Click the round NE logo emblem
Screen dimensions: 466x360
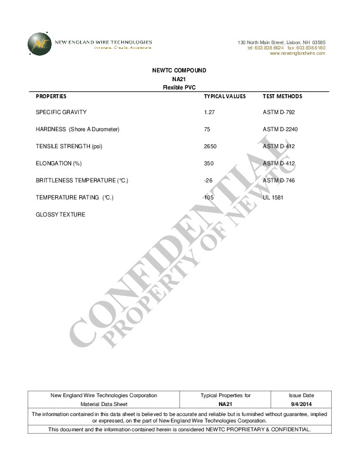pos(39,44)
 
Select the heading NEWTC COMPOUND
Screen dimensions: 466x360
pos(179,71)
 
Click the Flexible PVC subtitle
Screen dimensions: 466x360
pos(179,87)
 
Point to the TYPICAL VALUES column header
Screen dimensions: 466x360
pos(225,96)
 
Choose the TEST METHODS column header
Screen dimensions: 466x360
pos(282,96)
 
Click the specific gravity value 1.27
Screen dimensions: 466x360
pos(209,112)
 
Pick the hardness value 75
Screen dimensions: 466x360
pos(207,129)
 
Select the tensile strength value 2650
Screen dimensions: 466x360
pos(211,146)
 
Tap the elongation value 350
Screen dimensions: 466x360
pos(209,163)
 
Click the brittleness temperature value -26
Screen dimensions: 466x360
pos(208,180)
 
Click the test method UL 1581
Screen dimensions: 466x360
pos(273,197)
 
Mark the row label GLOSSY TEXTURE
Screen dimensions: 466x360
pos(61,214)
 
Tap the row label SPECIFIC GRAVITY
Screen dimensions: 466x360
pos(61,112)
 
